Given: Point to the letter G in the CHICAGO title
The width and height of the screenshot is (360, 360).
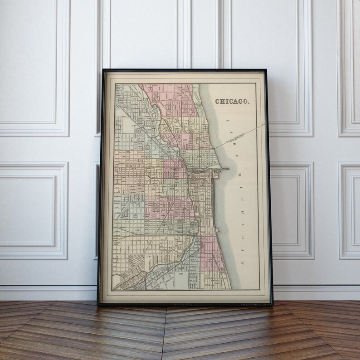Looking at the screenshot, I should (x=241, y=101).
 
